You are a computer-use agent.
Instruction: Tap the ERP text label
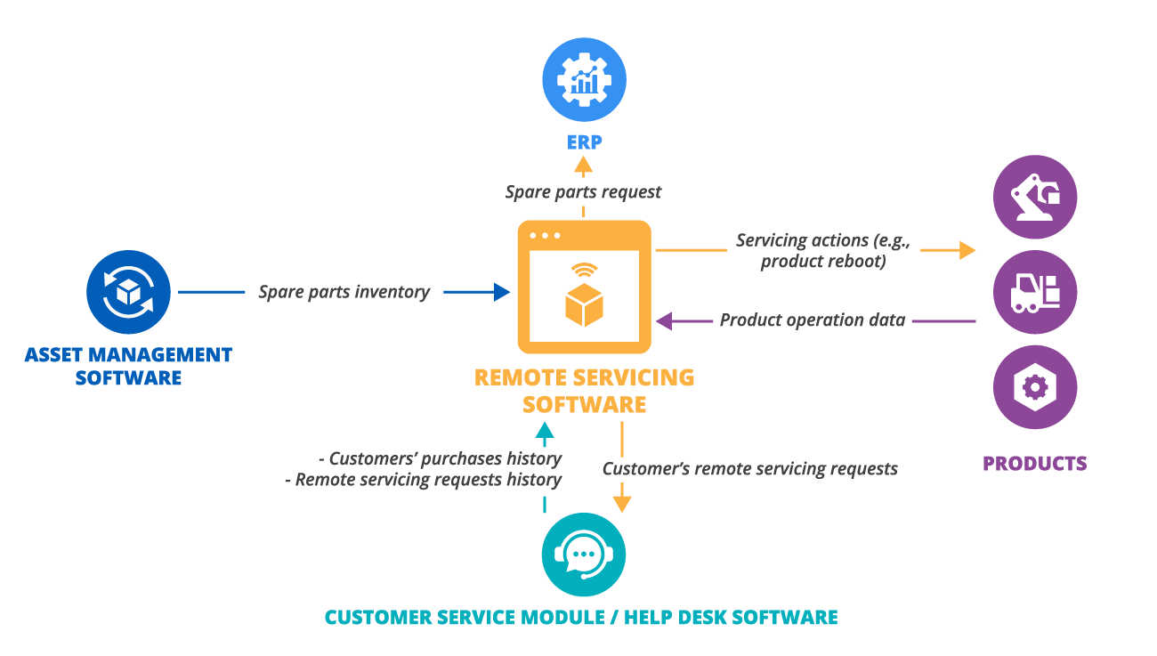point(584,141)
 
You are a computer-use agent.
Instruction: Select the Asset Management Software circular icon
point(128,292)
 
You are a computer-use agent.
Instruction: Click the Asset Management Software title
point(128,366)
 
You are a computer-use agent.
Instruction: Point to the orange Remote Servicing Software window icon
point(584,287)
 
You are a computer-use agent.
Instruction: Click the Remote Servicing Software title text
point(584,390)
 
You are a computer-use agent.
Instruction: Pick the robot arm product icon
point(1034,197)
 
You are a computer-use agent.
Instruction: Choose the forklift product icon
point(1034,292)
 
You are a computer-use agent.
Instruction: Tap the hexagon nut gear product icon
point(1034,387)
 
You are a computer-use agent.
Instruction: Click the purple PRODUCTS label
point(1034,464)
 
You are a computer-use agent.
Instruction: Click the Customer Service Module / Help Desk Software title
point(581,617)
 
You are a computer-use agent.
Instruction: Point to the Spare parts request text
point(584,191)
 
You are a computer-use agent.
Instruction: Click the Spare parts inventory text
point(344,291)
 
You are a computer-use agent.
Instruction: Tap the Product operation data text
point(812,320)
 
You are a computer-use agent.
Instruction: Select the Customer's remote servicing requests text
point(750,468)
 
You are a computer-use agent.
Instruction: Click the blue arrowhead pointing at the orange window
point(502,291)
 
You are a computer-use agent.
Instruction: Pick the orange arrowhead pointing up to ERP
point(583,164)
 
